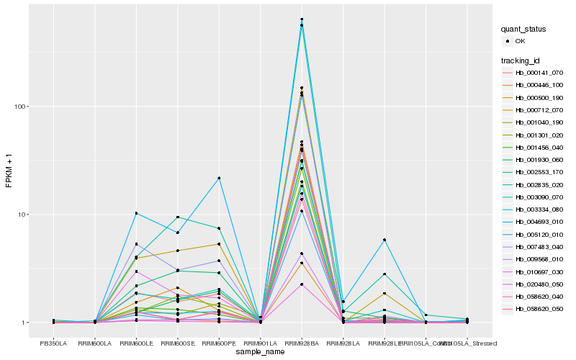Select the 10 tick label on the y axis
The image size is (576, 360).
[x=24, y=215]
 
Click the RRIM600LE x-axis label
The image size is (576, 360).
[x=136, y=342]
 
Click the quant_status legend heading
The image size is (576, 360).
[x=524, y=29]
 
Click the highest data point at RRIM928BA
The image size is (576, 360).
[x=302, y=19]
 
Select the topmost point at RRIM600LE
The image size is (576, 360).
[x=136, y=213]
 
